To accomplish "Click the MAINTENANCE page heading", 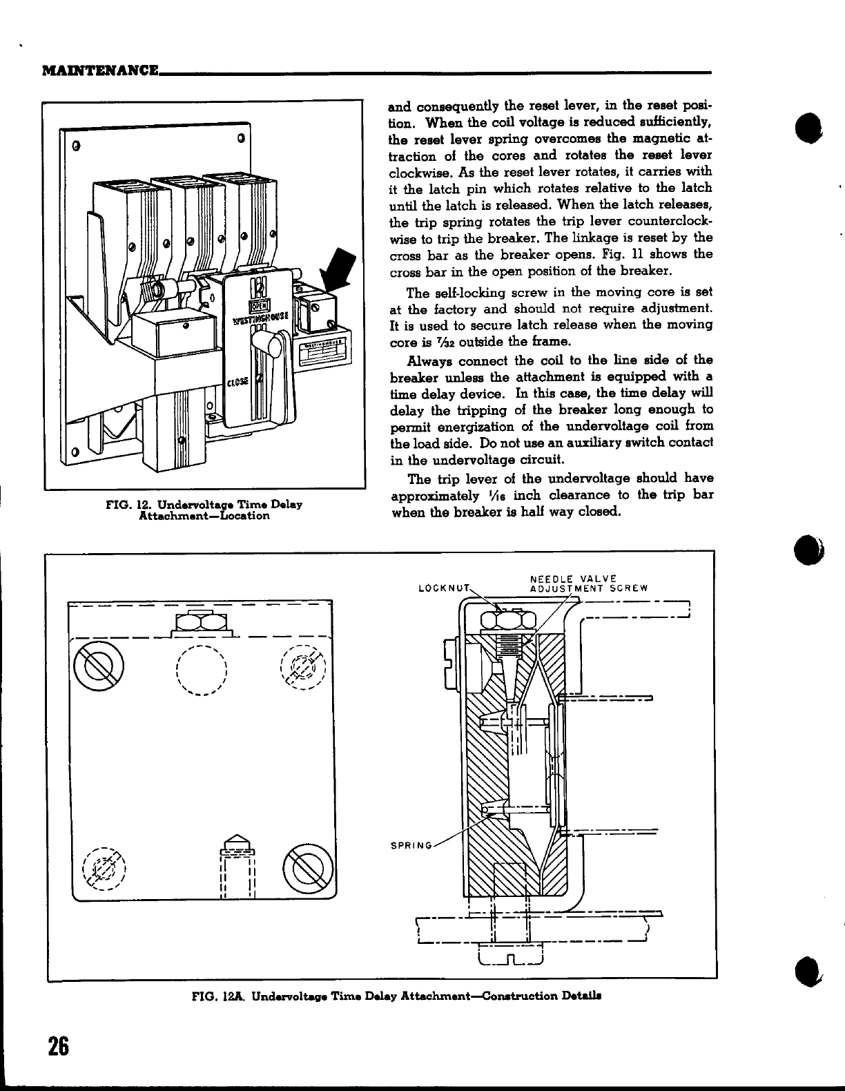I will (x=99, y=70).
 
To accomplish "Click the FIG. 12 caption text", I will (x=204, y=510).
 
